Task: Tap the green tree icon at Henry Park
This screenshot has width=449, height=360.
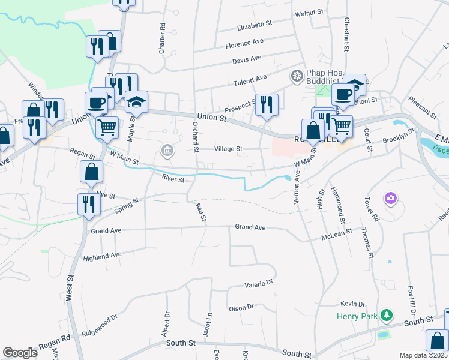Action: (388, 314)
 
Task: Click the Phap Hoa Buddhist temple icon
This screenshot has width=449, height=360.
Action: (296, 76)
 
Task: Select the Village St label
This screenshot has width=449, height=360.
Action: (228, 149)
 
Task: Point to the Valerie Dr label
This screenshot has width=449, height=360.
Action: (259, 283)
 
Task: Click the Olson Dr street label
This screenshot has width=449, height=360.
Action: (241, 308)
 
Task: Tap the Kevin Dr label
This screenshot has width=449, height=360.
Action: (352, 304)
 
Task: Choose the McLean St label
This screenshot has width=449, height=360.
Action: (336, 235)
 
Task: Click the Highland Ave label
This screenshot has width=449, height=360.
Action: (103, 256)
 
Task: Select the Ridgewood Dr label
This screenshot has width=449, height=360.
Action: (100, 325)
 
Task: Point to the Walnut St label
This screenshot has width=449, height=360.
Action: (310, 11)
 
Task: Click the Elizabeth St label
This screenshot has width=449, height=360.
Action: (255, 26)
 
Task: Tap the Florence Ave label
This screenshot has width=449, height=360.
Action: (244, 44)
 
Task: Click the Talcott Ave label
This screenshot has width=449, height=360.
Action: (253, 78)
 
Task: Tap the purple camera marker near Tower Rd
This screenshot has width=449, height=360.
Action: (391, 197)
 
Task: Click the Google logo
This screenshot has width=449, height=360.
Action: (20, 353)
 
